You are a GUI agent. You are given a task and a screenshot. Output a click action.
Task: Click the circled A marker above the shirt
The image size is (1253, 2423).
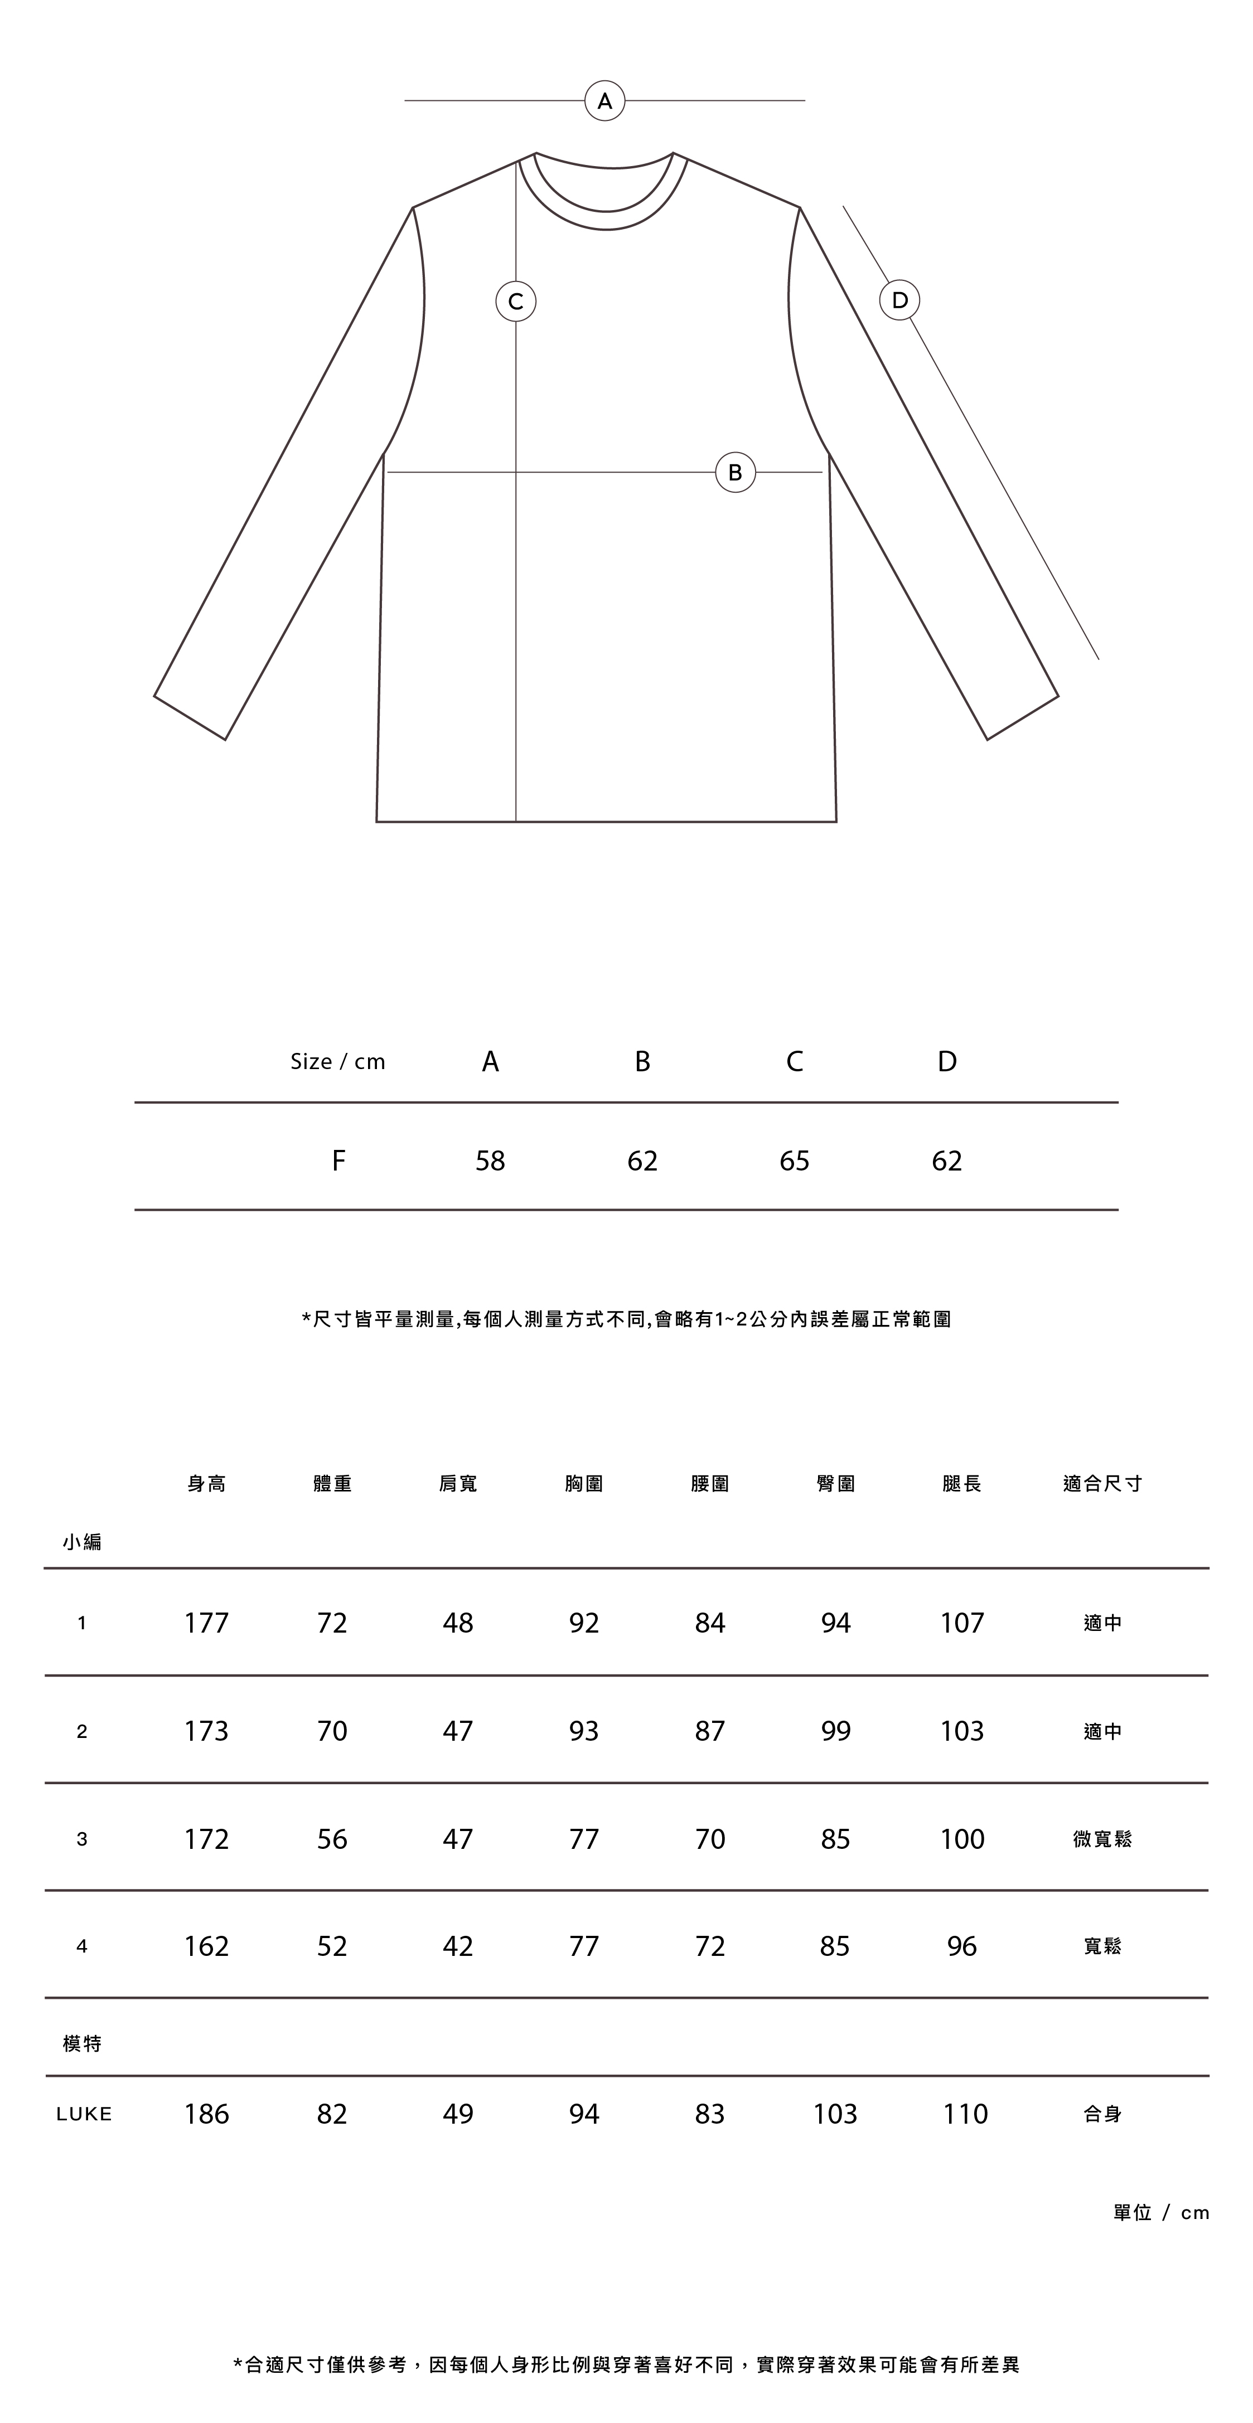point(605,101)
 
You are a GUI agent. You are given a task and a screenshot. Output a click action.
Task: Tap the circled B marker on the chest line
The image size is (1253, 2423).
point(736,472)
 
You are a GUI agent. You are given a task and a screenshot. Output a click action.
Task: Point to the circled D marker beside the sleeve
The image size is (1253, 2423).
point(899,300)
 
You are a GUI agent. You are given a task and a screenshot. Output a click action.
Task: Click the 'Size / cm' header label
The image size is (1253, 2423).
point(338,1062)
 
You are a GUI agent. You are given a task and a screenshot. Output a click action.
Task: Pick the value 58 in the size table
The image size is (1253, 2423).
point(490,1160)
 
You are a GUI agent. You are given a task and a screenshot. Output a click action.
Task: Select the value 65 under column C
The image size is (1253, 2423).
point(794,1160)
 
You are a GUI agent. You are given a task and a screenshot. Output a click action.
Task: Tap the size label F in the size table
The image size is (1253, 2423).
point(338,1160)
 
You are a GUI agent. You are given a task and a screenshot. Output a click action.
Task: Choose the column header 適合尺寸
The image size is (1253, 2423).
point(1102,1483)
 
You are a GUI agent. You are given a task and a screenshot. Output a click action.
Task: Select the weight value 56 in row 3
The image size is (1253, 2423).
point(332,1839)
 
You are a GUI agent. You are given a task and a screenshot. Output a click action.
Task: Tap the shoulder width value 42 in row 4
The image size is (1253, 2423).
point(458,1946)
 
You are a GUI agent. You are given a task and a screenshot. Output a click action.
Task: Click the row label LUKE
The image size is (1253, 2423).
point(84,2115)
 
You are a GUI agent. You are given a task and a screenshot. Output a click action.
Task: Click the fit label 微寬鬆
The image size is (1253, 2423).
point(1102,1839)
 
